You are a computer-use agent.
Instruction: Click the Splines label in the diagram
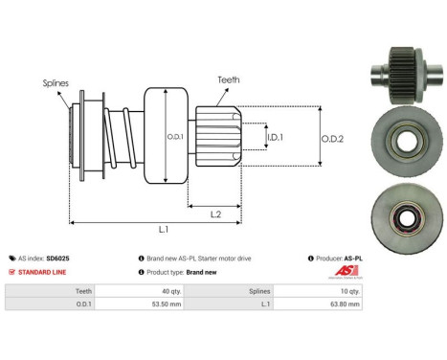click(56, 83)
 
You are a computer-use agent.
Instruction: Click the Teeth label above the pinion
click(229, 79)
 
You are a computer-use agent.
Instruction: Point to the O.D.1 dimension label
click(175, 137)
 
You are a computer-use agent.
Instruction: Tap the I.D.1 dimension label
click(275, 137)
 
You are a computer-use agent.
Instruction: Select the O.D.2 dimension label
click(332, 139)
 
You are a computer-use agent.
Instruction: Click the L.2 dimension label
click(215, 214)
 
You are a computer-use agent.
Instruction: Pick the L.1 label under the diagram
click(164, 229)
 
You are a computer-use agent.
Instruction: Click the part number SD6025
click(57, 259)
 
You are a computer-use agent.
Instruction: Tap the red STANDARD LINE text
click(42, 272)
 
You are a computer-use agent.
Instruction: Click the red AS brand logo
click(346, 271)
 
